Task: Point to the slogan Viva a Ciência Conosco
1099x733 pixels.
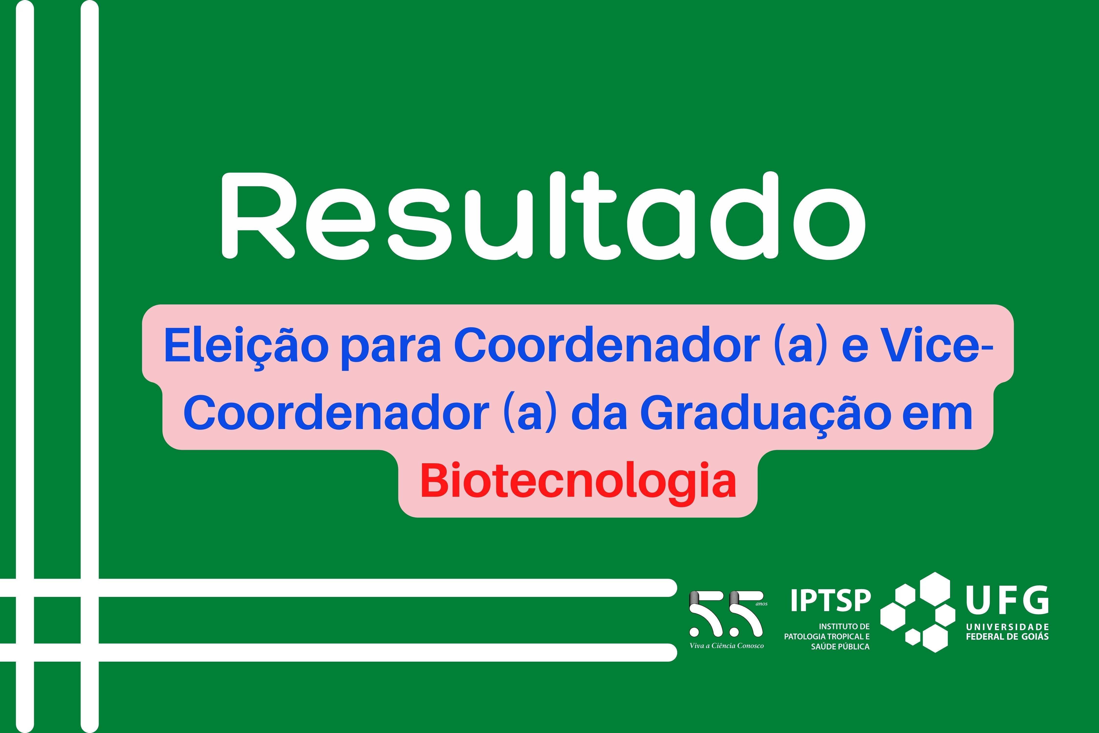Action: [727, 646]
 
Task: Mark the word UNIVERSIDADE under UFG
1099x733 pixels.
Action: [1007, 627]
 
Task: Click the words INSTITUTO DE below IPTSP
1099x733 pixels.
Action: [844, 626]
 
